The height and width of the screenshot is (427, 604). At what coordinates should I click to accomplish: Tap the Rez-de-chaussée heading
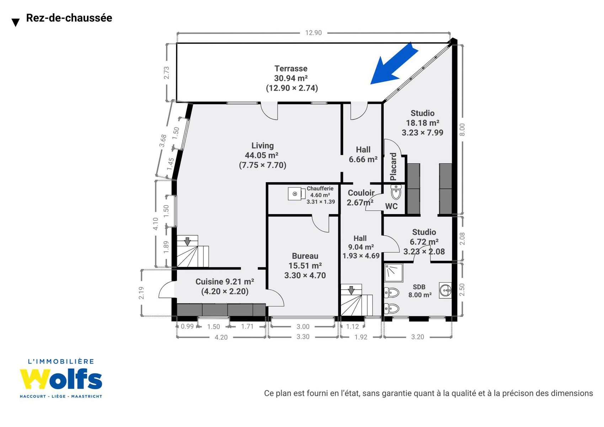tap(69, 18)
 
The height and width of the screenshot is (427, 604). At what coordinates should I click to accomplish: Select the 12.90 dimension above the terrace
tap(313, 33)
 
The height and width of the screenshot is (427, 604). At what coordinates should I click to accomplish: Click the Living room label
tap(263, 155)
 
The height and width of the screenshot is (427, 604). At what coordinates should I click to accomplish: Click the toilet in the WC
tap(396, 192)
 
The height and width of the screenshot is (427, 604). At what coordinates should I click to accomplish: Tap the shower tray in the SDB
tap(394, 273)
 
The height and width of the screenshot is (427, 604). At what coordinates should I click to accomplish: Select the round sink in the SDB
tap(445, 290)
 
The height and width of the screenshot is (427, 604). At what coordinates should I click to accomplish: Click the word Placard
tap(394, 167)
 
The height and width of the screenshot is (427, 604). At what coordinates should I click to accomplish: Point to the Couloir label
tap(361, 193)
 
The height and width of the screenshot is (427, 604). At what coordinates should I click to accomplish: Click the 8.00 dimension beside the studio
tap(462, 130)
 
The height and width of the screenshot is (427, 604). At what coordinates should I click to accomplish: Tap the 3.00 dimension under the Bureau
tap(303, 327)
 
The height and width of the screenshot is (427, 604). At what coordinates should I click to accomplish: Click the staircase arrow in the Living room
tap(187, 241)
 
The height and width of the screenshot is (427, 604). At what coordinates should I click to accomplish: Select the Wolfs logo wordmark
tap(61, 379)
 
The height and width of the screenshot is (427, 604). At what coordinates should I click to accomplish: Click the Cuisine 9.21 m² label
tap(225, 282)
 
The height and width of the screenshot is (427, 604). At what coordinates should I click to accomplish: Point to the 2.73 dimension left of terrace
tap(166, 73)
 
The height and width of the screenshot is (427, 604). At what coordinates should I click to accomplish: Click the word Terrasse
tap(291, 69)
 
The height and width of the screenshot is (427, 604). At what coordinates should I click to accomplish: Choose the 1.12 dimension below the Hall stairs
tap(352, 327)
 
